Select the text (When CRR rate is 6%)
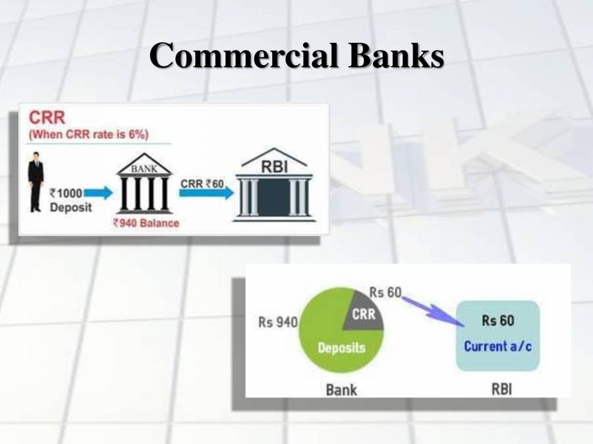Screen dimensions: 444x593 [x=88, y=134]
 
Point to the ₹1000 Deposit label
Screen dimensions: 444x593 [x=68, y=199]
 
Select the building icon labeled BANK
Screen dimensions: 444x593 [x=144, y=187]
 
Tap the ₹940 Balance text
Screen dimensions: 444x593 [x=146, y=223]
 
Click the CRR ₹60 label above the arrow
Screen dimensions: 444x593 [x=202, y=184]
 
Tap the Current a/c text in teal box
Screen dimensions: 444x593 [x=497, y=345]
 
